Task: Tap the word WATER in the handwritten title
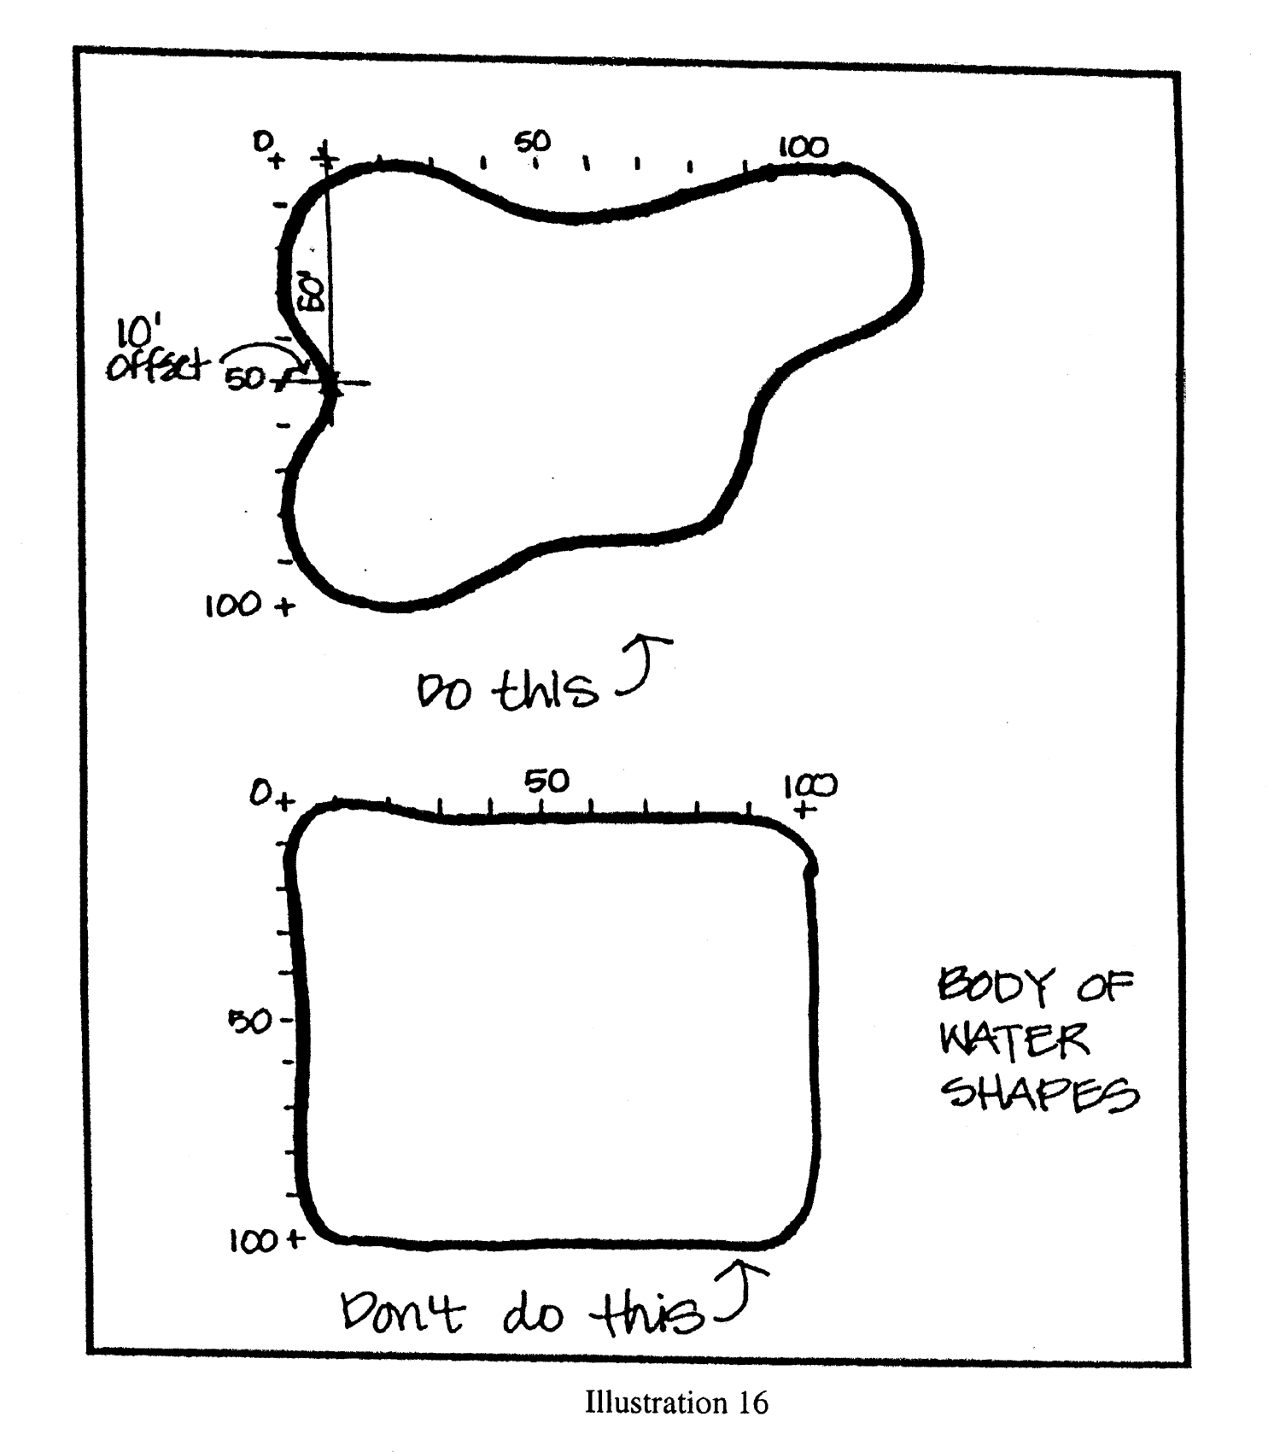1014,1039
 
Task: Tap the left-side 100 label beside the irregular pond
232,606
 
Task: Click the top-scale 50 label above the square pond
546,780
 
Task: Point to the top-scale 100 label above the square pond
810,784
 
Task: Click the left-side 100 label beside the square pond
254,1240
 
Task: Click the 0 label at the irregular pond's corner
262,140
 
